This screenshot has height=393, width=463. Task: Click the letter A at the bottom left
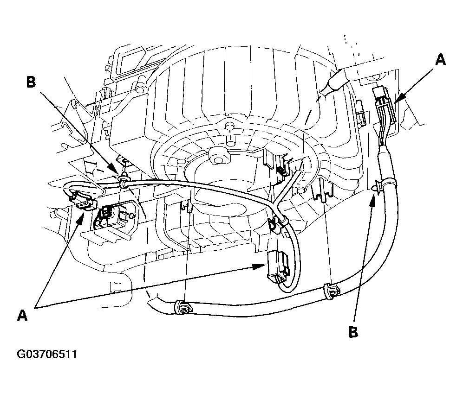22,315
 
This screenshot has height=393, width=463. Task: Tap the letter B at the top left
31,82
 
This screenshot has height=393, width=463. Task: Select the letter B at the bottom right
353,332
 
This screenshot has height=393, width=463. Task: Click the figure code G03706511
47,354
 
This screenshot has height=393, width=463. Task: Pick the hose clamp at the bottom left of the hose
183,307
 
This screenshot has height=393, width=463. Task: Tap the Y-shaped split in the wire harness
276,203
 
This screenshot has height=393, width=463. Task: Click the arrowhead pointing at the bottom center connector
260,266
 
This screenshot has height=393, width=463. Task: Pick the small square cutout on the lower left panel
115,287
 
